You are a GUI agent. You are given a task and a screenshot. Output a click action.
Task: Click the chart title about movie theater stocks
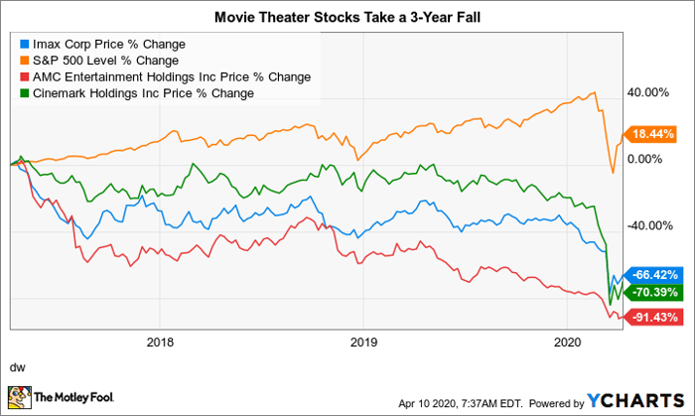tap(347, 18)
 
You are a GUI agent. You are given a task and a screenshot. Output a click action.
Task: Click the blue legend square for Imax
tap(24, 45)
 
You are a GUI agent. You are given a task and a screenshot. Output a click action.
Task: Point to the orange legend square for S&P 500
tap(24, 61)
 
